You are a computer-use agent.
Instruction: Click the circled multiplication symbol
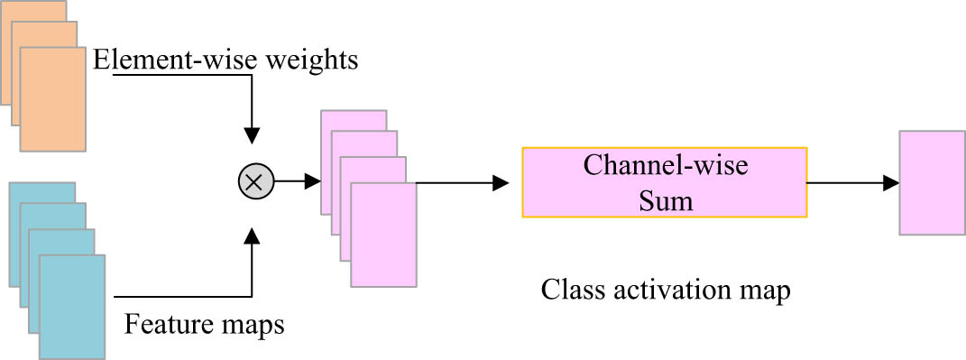(x=254, y=182)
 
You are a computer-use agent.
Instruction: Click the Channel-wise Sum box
(x=664, y=182)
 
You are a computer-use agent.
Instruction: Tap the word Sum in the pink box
(x=664, y=200)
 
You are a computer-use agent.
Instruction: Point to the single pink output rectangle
(x=932, y=182)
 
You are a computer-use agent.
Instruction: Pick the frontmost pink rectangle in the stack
(x=383, y=235)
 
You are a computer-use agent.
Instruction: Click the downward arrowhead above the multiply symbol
(x=254, y=134)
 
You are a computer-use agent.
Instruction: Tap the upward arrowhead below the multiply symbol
(x=254, y=235)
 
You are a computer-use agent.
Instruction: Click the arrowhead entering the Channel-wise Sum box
(x=501, y=183)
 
